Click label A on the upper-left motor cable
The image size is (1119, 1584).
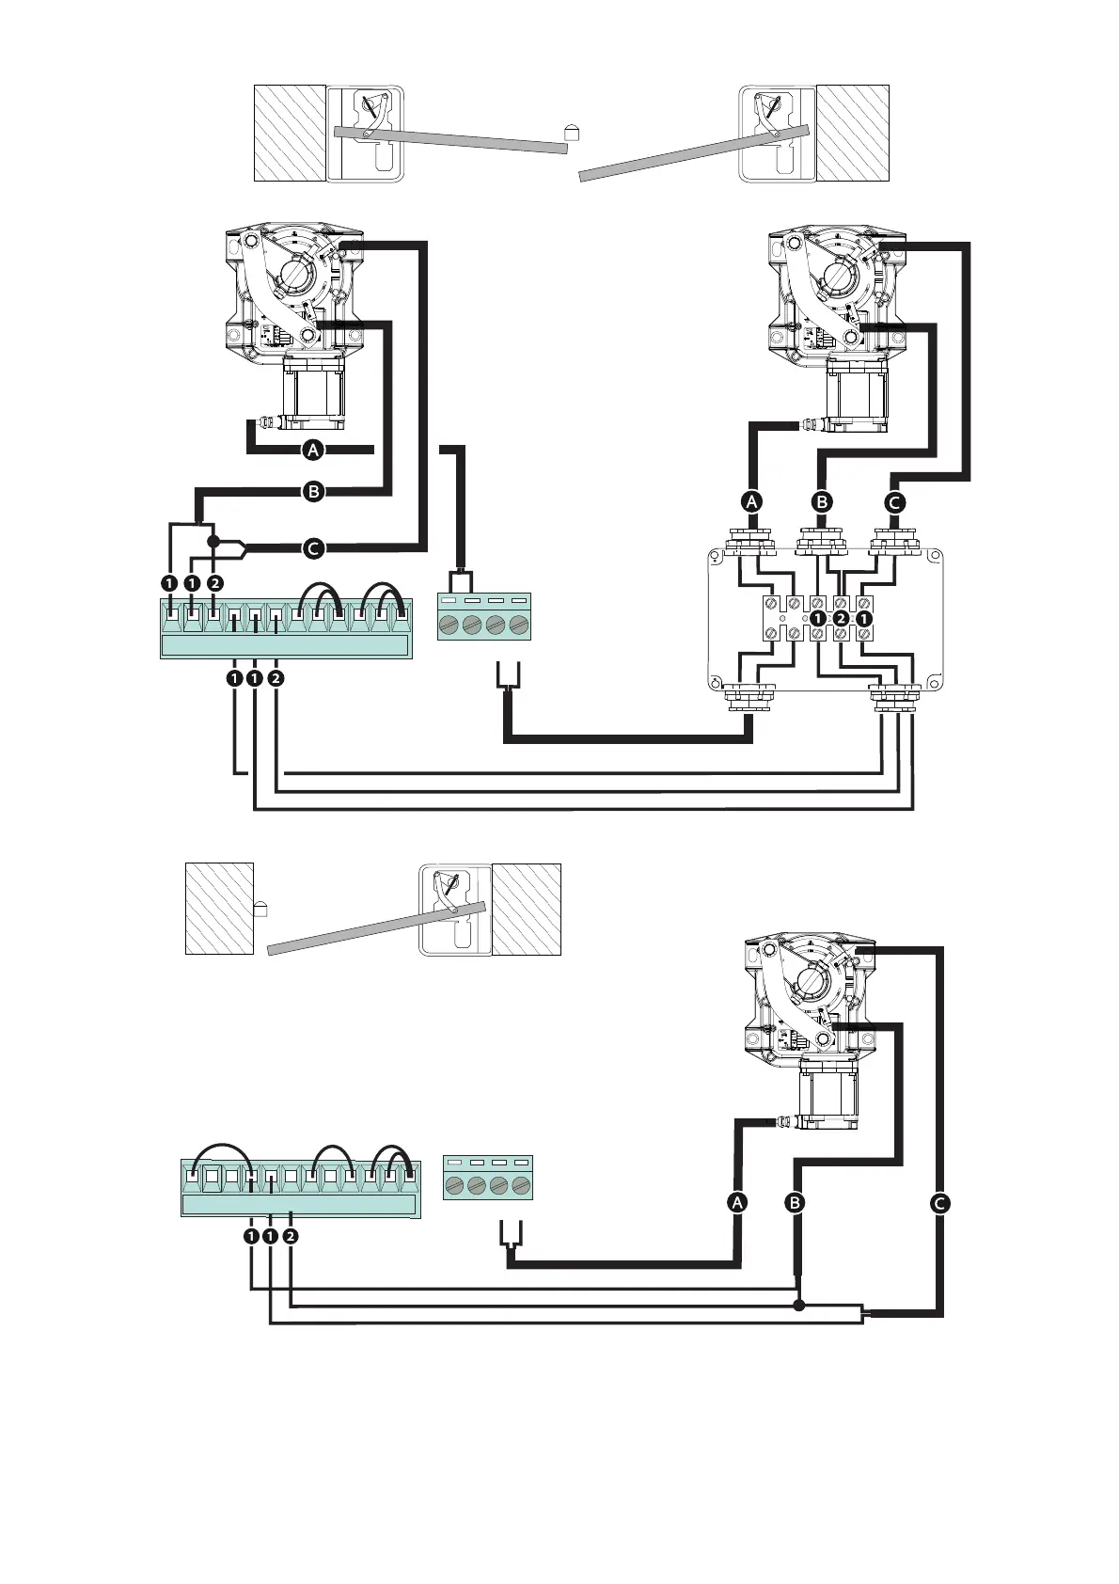coord(313,450)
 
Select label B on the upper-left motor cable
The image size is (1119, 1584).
coord(313,490)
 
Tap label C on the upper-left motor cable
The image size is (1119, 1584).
coord(313,546)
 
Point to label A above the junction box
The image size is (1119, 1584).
coord(751,501)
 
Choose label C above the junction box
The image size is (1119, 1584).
coord(894,501)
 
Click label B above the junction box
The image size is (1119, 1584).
coord(822,501)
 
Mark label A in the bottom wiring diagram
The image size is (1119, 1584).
coord(738,1202)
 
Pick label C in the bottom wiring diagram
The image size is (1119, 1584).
coord(939,1202)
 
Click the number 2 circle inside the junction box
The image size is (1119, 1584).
coord(841,618)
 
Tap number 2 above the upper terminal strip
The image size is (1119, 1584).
coord(215,583)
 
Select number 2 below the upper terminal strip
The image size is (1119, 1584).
coord(276,676)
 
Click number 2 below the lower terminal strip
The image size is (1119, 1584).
coord(291,1235)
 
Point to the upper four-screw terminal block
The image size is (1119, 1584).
coord(484,616)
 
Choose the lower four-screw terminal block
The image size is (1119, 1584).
coord(488,1177)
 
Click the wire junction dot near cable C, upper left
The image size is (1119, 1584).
coord(213,541)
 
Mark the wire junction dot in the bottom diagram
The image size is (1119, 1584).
coord(798,1305)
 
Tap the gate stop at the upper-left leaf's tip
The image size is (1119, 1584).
coord(570,132)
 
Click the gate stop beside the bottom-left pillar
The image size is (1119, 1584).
coord(261,908)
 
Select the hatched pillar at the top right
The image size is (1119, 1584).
coord(852,133)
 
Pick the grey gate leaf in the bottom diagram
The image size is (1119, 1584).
coord(376,928)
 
